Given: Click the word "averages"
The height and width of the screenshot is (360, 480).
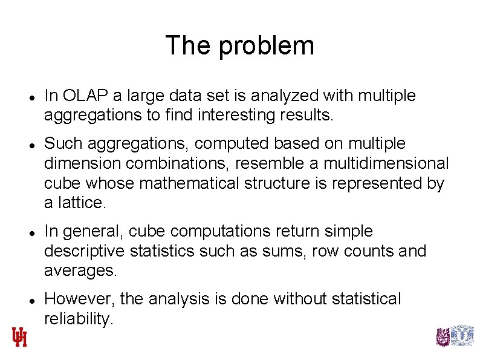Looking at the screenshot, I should pos(80,270).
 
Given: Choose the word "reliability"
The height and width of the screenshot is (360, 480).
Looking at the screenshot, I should pos(78,319).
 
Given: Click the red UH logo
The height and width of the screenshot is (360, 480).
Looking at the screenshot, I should pos(20,336).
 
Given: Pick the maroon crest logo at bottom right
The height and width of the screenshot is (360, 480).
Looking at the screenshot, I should pos(443,336).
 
